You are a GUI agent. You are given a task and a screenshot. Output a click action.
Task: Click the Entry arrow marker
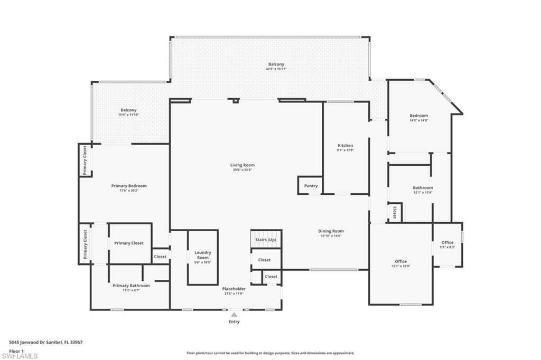point(234,315)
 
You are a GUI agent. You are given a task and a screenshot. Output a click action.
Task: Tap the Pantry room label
point(311,186)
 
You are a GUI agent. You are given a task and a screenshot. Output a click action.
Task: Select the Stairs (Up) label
point(265,240)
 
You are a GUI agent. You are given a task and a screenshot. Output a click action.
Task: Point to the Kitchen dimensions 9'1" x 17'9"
point(346,150)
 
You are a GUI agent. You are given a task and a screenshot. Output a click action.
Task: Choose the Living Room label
point(242,165)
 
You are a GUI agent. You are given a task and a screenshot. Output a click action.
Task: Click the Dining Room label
point(331,231)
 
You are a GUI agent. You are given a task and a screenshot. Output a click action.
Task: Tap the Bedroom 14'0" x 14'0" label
point(419,116)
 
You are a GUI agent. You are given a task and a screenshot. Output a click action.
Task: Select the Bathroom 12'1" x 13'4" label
point(423,188)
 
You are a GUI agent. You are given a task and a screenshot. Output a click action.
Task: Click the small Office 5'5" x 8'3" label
point(447,243)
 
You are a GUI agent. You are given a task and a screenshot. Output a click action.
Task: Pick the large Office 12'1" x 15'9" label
point(401,261)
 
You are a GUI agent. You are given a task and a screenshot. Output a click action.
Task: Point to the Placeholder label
point(234,289)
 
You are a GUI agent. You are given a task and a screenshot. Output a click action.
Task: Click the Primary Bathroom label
point(131,286)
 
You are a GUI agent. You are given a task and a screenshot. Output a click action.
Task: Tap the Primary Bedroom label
point(129,186)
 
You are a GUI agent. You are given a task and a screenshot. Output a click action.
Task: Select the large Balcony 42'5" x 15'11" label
point(276,64)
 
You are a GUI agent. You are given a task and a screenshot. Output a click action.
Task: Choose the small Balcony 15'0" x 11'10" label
point(128,110)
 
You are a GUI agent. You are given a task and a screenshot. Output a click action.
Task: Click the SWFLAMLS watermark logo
point(20,356)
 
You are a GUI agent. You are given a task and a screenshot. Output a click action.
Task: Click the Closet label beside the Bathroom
point(395,212)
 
